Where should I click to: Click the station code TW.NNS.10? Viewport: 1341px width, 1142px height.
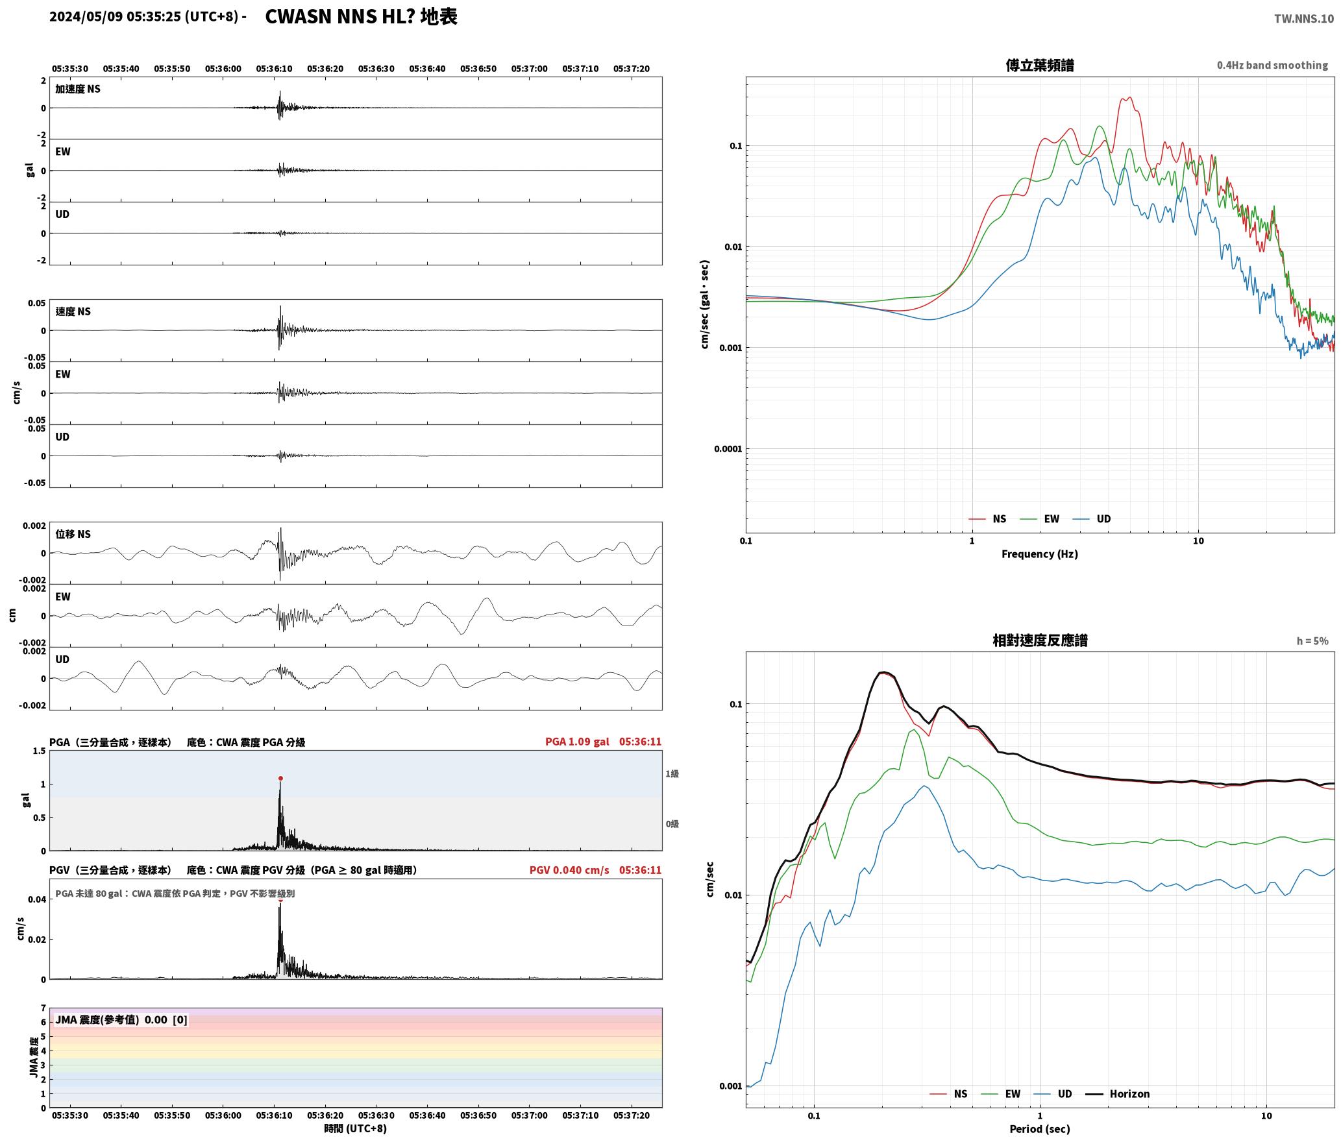1303,19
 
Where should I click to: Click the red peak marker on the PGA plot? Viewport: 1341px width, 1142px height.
280,778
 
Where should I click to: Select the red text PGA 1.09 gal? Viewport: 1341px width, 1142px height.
577,742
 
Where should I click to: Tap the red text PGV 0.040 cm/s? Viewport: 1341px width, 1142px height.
569,870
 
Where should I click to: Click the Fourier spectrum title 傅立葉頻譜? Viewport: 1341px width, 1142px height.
1040,66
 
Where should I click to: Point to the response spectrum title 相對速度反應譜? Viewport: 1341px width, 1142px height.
1040,640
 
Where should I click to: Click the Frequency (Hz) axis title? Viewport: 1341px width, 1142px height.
1040,554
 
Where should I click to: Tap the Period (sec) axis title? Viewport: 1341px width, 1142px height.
1040,1129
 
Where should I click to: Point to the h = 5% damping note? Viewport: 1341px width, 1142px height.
1312,641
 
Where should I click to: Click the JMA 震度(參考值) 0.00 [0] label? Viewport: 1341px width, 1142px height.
121,1019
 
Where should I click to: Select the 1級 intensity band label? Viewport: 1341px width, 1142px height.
672,773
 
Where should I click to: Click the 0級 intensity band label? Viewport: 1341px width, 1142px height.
672,824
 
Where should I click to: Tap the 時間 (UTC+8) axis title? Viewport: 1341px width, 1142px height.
356,1128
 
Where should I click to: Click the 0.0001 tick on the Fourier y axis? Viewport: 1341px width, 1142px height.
728,449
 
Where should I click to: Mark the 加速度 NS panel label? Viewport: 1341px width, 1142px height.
78,89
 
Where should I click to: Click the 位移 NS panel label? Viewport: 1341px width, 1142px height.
73,534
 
